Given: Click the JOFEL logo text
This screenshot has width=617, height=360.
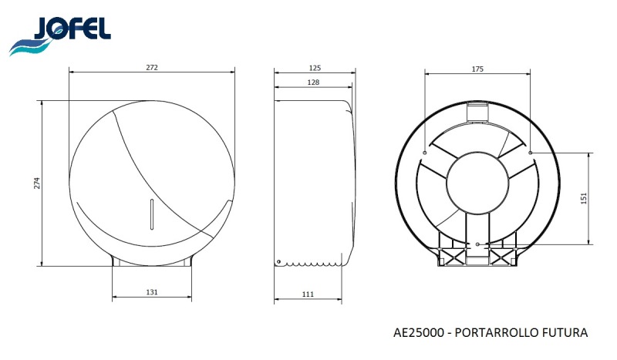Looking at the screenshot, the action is pos(73,29).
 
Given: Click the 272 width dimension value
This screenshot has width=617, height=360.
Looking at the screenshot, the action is pos(152,67).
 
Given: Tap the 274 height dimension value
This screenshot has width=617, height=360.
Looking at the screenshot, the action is pos(37,183).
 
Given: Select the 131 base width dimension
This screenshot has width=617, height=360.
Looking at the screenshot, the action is pos(152,292).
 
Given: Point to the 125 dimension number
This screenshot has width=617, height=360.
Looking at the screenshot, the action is pos(315,68).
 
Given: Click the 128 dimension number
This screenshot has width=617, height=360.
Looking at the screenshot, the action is pos(313,82).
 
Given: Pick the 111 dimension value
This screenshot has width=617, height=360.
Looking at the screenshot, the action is pos(308,294).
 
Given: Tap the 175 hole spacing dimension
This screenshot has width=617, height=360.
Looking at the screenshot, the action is pos(477,69).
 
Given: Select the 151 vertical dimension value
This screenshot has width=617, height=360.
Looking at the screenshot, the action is pos(584,198).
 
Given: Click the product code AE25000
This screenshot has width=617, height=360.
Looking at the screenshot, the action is pos(418,332).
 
